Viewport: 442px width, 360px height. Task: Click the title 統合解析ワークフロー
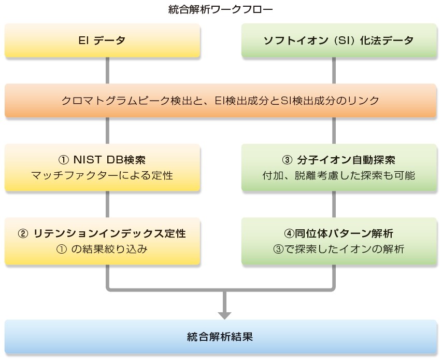click(221, 9)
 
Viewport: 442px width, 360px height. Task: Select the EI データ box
click(102, 40)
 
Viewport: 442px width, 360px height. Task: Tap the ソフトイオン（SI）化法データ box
click(339, 40)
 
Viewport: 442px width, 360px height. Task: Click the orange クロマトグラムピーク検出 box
click(221, 100)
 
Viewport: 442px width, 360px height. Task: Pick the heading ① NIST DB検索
click(102, 160)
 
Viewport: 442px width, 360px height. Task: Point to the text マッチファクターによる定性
click(102, 175)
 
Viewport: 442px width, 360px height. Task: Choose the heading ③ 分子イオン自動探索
click(339, 160)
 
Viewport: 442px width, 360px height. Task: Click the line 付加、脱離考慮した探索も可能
click(339, 175)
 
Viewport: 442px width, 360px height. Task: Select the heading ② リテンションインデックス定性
click(102, 233)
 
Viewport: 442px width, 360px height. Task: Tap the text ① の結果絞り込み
click(102, 249)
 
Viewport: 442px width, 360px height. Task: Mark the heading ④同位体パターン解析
click(339, 233)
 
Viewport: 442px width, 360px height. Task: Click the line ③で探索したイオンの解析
click(339, 249)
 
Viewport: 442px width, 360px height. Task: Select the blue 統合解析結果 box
click(221, 336)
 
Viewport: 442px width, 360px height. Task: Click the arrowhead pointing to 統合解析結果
click(224, 314)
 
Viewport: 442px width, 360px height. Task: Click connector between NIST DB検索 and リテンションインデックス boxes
click(108, 204)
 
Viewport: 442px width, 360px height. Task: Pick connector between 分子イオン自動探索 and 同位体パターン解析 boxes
click(333, 204)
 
